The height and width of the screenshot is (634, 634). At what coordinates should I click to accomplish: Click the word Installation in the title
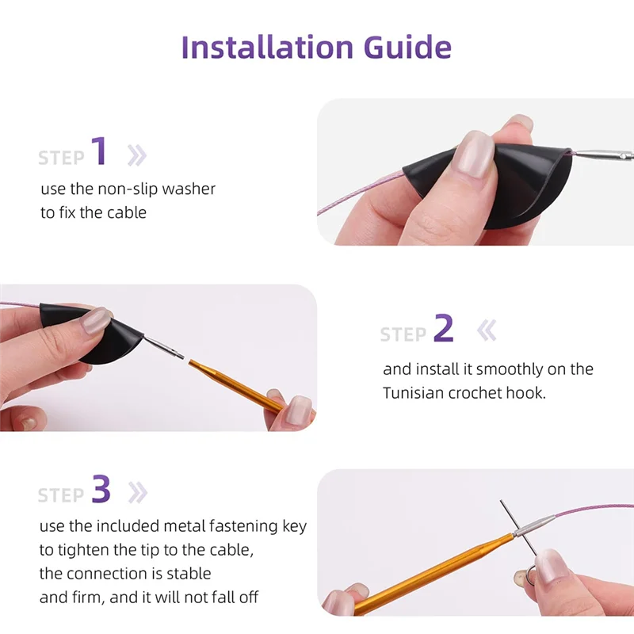267,47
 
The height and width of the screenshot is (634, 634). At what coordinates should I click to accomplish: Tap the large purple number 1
99,151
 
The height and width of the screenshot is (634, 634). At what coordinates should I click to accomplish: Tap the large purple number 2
443,328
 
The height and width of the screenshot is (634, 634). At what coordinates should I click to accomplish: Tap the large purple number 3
101,488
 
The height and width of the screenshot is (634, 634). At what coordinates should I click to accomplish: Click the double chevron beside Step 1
136,155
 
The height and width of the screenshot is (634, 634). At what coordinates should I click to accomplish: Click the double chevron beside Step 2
487,330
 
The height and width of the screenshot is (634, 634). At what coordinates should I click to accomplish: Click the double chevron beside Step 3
137,493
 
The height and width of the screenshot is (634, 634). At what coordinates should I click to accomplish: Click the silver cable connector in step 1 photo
602,155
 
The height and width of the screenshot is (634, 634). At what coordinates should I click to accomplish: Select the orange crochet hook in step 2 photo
237,387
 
